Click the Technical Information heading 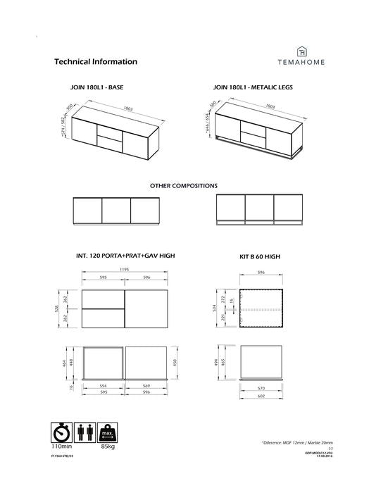[x=95, y=61]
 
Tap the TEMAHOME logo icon [x=302, y=51]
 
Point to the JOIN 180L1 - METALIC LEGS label [x=253, y=89]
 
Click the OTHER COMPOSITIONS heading [x=184, y=186]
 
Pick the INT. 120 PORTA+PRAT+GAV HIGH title [x=125, y=256]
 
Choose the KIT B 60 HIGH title [x=260, y=257]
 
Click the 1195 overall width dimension [x=125, y=270]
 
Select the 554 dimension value [x=103, y=387]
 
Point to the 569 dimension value [x=146, y=387]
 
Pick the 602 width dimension [x=261, y=395]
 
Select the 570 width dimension [x=261, y=387]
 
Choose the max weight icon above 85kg [x=108, y=431]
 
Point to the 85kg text [x=108, y=446]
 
